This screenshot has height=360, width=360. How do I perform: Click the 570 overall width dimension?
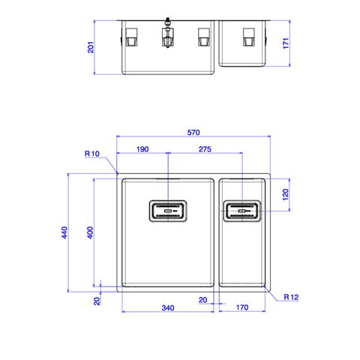[x=193, y=132]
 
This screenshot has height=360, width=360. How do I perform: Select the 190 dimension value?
[x=142, y=149]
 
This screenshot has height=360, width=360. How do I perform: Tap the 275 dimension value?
[x=205, y=149]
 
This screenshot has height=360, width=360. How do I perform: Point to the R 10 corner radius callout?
[x=92, y=154]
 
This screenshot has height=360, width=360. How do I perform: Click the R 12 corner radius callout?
[x=291, y=297]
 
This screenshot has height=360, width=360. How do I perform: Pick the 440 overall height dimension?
[x=64, y=232]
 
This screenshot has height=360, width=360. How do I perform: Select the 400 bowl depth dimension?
[x=90, y=232]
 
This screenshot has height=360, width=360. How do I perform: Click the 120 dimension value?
[x=286, y=194]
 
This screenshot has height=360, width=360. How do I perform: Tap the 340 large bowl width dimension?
[x=168, y=307]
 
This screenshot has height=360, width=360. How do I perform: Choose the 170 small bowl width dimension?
[x=242, y=307]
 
